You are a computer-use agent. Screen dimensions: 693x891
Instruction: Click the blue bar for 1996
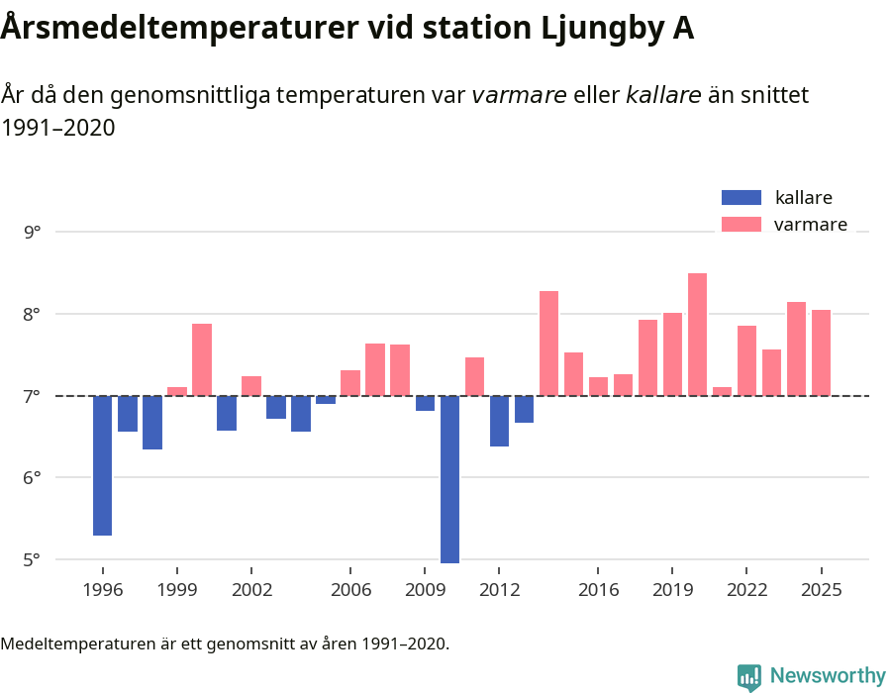point(102,465)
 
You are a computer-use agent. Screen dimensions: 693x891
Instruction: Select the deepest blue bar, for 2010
point(449,479)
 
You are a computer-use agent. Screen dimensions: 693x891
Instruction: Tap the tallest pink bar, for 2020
point(697,335)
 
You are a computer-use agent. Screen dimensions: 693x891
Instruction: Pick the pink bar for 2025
point(821,352)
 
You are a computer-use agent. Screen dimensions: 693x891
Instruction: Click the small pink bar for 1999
point(176,391)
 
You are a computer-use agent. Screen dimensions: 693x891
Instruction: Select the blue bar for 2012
point(499,421)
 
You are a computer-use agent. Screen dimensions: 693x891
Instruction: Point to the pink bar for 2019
point(672,354)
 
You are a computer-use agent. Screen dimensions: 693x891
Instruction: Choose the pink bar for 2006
point(350,383)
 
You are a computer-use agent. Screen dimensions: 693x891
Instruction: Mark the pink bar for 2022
point(746,360)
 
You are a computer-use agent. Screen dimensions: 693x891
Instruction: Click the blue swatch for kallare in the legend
point(742,197)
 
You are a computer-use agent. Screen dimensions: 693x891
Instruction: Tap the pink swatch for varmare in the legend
point(742,225)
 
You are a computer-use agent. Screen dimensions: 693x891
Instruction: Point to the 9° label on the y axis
point(32,233)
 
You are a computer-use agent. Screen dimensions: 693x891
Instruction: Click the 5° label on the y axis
point(32,559)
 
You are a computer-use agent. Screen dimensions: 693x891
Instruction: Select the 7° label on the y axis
point(32,396)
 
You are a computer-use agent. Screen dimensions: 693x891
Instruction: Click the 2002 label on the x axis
point(251,589)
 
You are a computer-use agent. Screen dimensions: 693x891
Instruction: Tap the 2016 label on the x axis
point(598,589)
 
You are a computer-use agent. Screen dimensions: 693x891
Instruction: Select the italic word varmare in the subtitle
point(519,95)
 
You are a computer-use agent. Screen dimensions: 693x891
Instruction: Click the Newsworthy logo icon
point(749,676)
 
